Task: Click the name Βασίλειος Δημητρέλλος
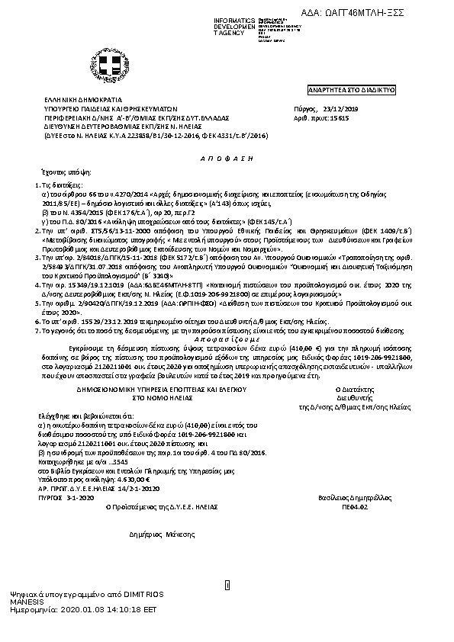(x=343, y=496)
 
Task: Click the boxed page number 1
(x=227, y=585)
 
